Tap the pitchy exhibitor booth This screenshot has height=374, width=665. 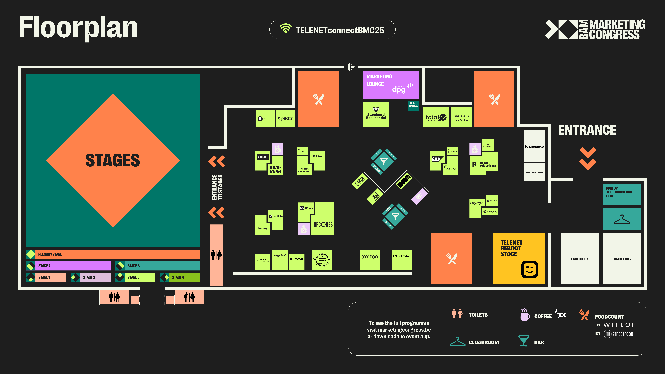click(x=285, y=118)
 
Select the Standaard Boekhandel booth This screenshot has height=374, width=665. click(x=376, y=114)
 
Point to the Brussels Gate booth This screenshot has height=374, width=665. click(x=461, y=118)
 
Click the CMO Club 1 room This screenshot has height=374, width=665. click(x=580, y=259)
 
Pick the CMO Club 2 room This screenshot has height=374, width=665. click(x=622, y=259)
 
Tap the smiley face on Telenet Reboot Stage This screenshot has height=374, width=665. click(x=530, y=269)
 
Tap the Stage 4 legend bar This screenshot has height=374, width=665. click(x=180, y=277)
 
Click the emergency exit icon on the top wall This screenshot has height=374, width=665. click(x=351, y=67)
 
